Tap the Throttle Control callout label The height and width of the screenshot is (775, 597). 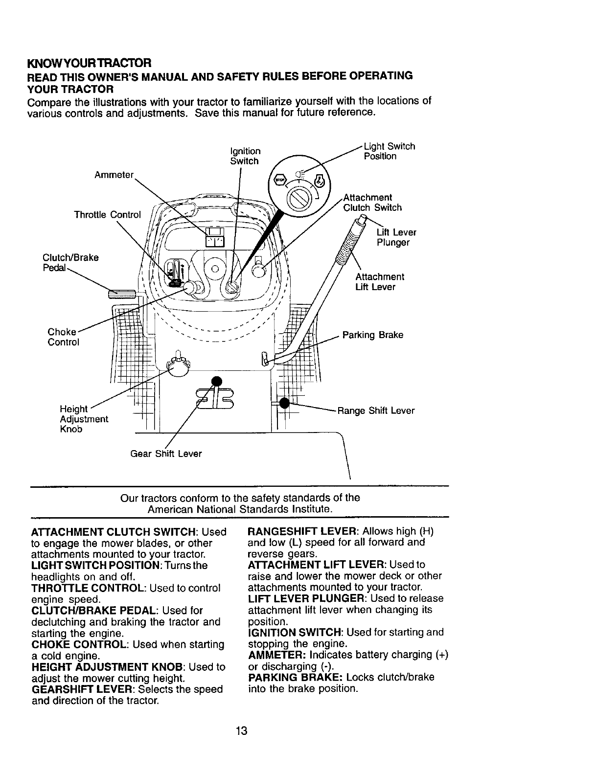pyautogui.click(x=107, y=215)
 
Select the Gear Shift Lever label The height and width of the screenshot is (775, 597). pyautogui.click(x=166, y=454)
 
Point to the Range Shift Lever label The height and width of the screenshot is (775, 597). pyautogui.click(x=376, y=410)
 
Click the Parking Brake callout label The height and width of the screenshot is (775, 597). pyautogui.click(x=373, y=335)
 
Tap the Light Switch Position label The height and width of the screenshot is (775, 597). pyautogui.click(x=390, y=151)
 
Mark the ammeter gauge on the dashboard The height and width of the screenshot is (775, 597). pyautogui.click(x=214, y=238)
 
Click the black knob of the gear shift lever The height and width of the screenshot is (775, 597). pyautogui.click(x=216, y=382)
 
